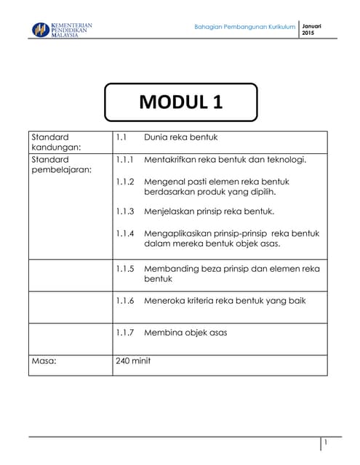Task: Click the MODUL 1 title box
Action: pos(180,102)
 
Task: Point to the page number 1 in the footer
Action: pos(327,442)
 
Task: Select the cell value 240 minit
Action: pos(133,360)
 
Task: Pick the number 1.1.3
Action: pos(125,212)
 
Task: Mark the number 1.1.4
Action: pos(125,234)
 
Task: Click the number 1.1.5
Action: pos(125,269)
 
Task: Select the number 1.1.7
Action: pos(125,333)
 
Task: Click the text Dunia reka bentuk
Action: pos(181,137)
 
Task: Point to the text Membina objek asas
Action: pos(186,333)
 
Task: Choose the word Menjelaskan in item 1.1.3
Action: pos(172,212)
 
